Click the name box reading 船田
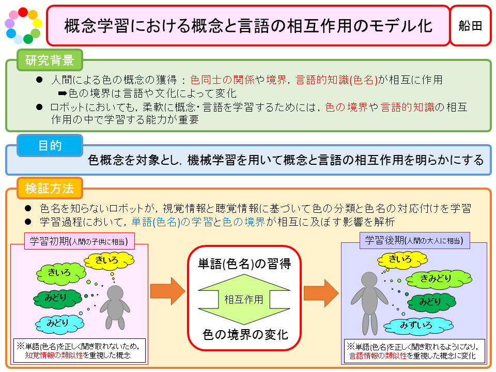pyautogui.click(x=470, y=26)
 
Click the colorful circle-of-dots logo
pyautogui.click(x=23, y=26)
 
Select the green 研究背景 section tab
pyautogui.click(x=50, y=60)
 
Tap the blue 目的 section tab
pyautogui.click(x=50, y=146)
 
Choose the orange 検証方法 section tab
pyautogui.click(x=50, y=188)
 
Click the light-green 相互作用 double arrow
pyautogui.click(x=244, y=299)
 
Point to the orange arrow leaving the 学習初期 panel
pyautogui.click(x=167, y=291)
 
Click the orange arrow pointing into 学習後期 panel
pyautogui.click(x=321, y=293)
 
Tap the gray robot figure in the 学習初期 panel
pyautogui.click(x=115, y=307)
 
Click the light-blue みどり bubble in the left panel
pyautogui.click(x=59, y=323)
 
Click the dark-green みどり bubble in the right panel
pyautogui.click(x=431, y=302)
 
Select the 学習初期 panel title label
pyautogui.click(x=80, y=241)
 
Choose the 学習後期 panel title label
pyautogui.click(x=414, y=240)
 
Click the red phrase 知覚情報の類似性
pyautogui.click(x=54, y=355)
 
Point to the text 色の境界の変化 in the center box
pyautogui.click(x=245, y=334)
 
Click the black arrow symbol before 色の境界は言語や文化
pyautogui.click(x=63, y=94)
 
